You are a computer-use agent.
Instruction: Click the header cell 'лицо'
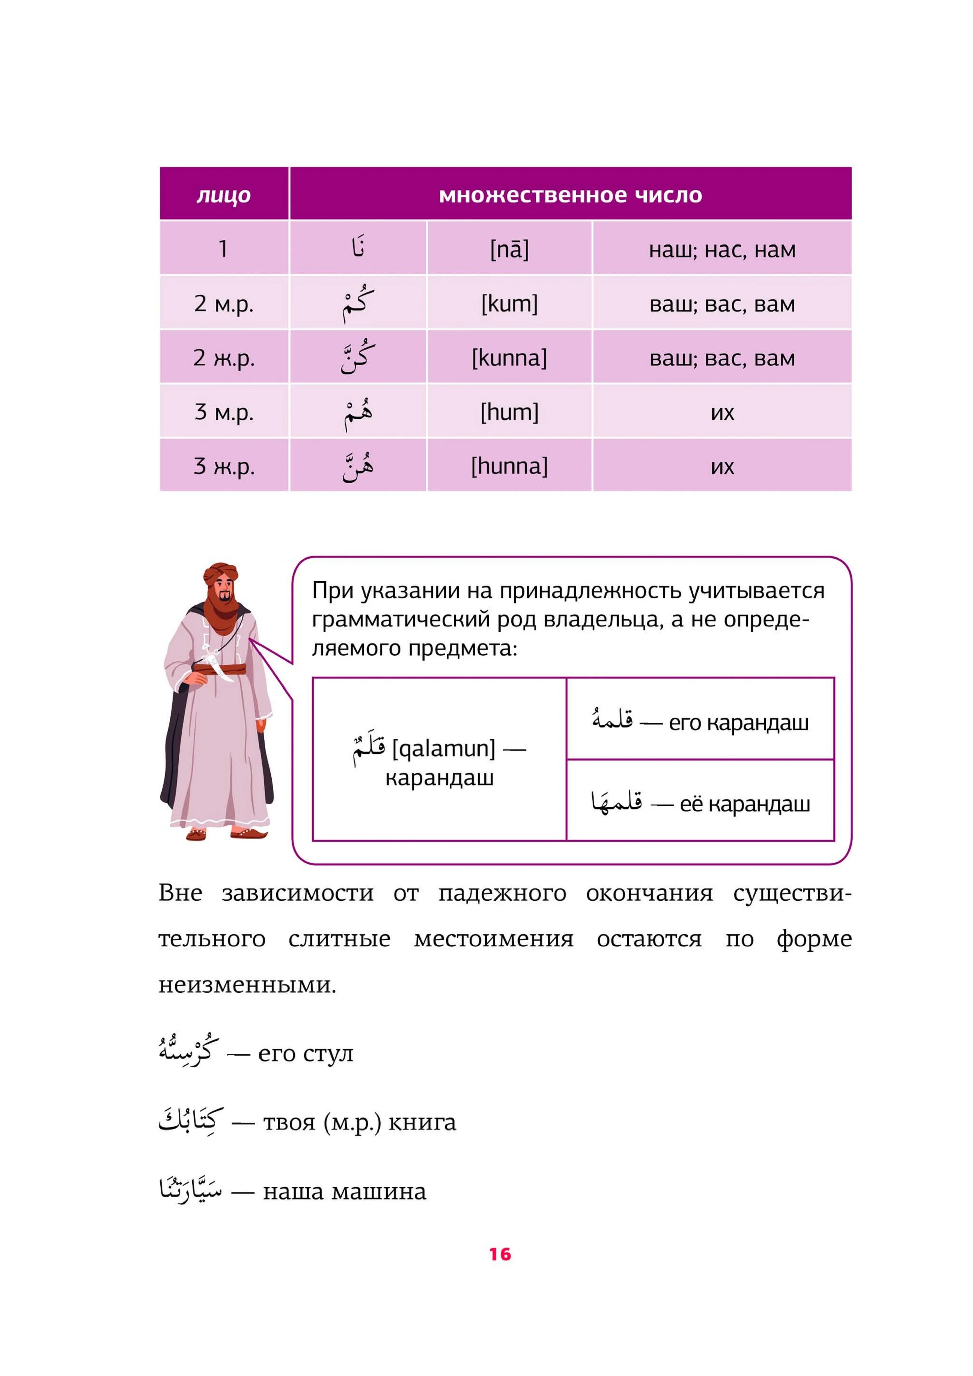point(223,195)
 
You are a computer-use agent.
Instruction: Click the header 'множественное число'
point(570,195)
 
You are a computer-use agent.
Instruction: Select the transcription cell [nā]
point(509,249)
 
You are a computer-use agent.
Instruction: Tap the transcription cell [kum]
point(509,303)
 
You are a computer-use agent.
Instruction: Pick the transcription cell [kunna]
point(509,358)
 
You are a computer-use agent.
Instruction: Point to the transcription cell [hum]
point(509,412)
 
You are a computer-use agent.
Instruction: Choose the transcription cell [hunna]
point(509,466)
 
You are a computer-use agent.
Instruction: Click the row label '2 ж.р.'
point(223,358)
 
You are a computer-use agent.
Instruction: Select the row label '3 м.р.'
point(223,412)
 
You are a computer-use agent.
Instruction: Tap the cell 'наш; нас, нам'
point(722,249)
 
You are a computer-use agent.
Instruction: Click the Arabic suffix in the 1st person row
point(358,247)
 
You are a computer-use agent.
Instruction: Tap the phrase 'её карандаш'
point(744,804)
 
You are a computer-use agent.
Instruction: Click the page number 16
point(500,1254)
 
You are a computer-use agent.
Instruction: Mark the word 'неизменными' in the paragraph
point(247,984)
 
